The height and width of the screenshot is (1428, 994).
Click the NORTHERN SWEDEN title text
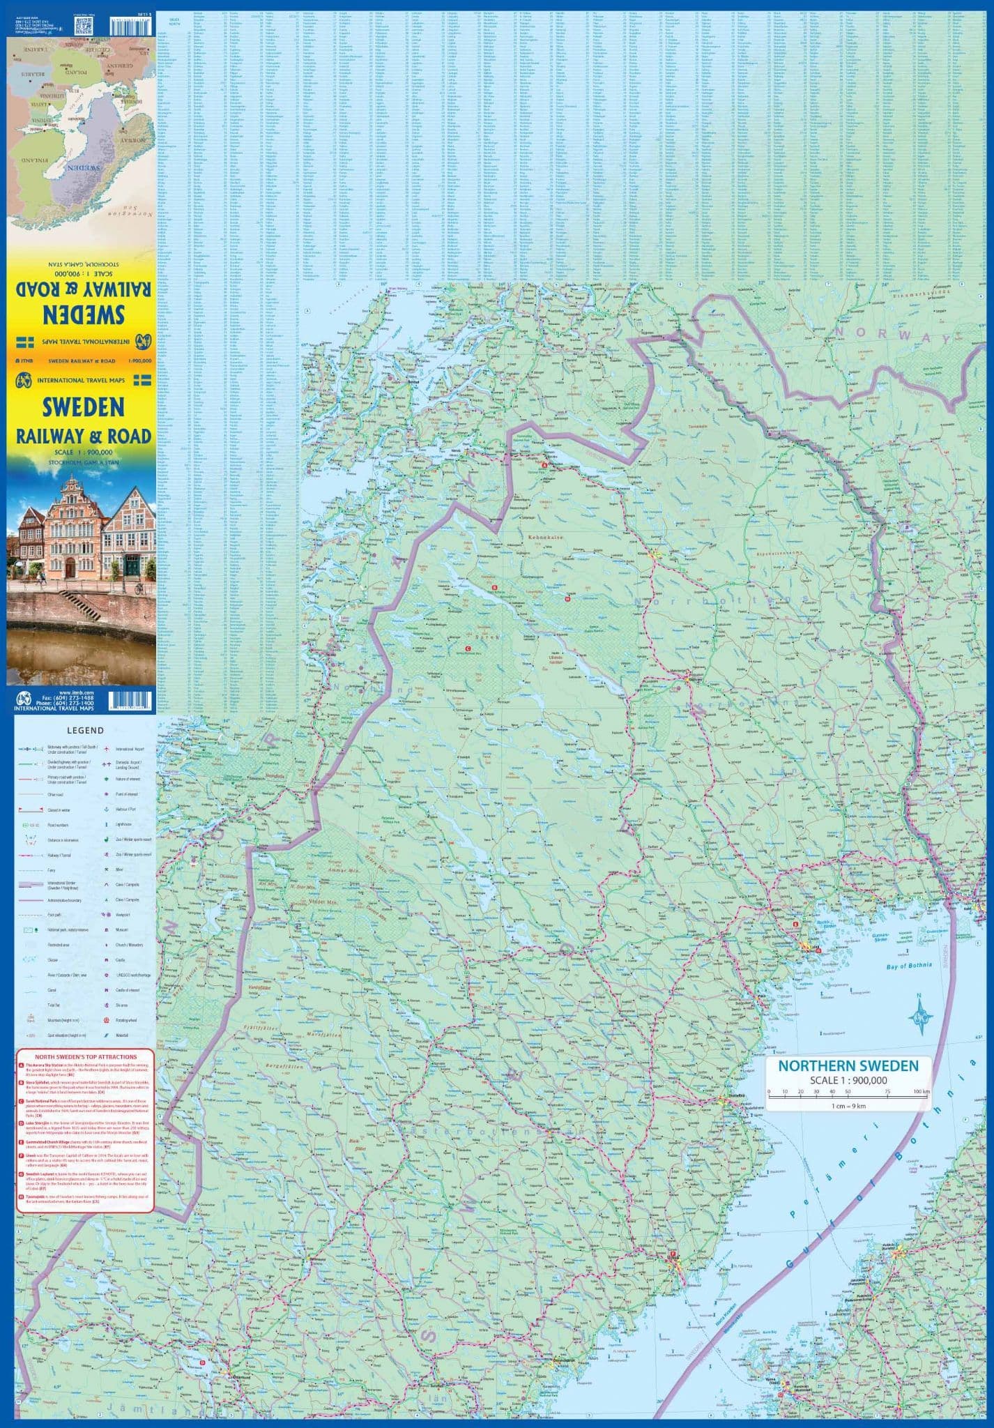(x=848, y=1066)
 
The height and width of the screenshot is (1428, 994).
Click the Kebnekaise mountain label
(x=544, y=538)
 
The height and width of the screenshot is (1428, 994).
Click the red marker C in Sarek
(x=468, y=649)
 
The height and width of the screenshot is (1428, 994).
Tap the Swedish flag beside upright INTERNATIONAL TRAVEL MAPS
(x=143, y=380)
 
